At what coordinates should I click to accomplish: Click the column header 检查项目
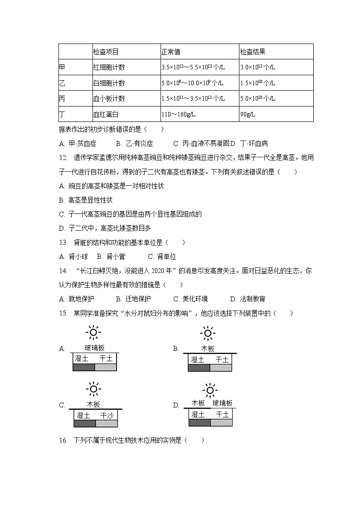(x=106, y=52)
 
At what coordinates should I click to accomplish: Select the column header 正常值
(x=170, y=52)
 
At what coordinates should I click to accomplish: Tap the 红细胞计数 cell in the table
(x=109, y=68)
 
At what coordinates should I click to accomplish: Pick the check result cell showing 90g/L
(x=248, y=114)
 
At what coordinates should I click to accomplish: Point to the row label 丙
(x=62, y=99)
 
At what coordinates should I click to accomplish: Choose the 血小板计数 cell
(x=109, y=99)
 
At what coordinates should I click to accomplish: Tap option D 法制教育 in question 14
(x=248, y=299)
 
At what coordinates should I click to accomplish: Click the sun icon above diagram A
(x=93, y=333)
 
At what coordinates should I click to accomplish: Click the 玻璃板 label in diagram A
(x=94, y=348)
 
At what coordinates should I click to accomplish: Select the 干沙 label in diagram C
(x=107, y=415)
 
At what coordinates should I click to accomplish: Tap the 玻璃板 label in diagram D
(x=222, y=403)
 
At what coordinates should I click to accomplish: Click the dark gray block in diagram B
(x=199, y=368)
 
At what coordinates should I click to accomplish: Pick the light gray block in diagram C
(x=107, y=423)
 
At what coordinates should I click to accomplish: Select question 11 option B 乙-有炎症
(x=134, y=144)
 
